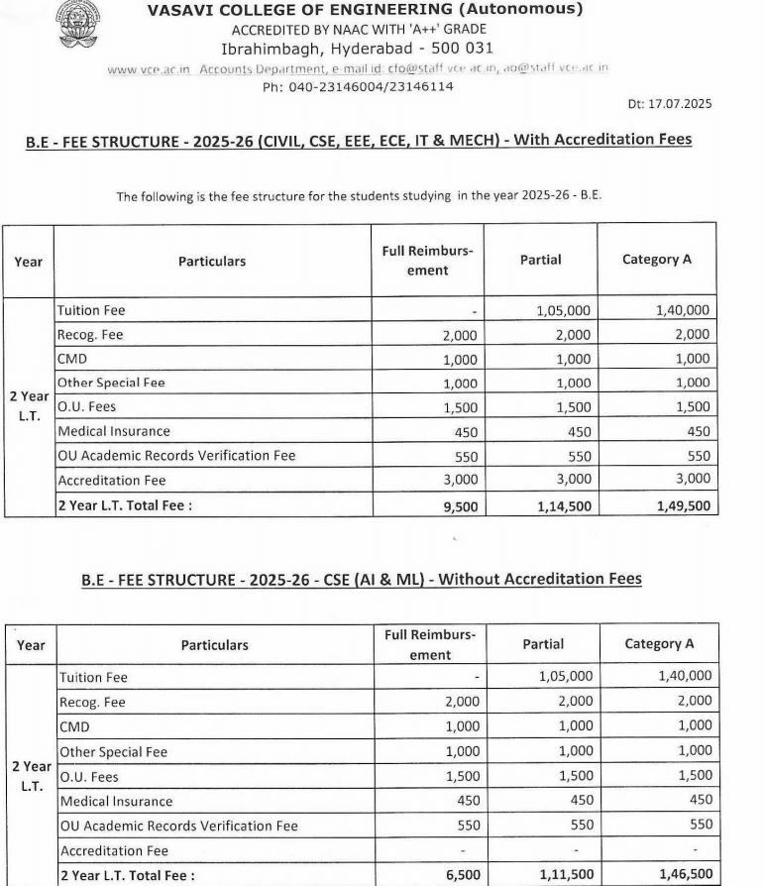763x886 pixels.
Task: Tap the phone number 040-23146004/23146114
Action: pos(358,86)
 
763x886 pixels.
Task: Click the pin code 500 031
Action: pos(460,48)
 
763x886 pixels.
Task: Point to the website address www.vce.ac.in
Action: pos(151,67)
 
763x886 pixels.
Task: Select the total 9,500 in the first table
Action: pos(459,505)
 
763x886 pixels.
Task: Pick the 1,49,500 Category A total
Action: pos(683,505)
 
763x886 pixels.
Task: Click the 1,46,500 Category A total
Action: pos(685,875)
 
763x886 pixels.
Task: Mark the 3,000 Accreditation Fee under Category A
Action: pos(693,480)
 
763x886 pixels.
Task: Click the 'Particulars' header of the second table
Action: pos(214,645)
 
